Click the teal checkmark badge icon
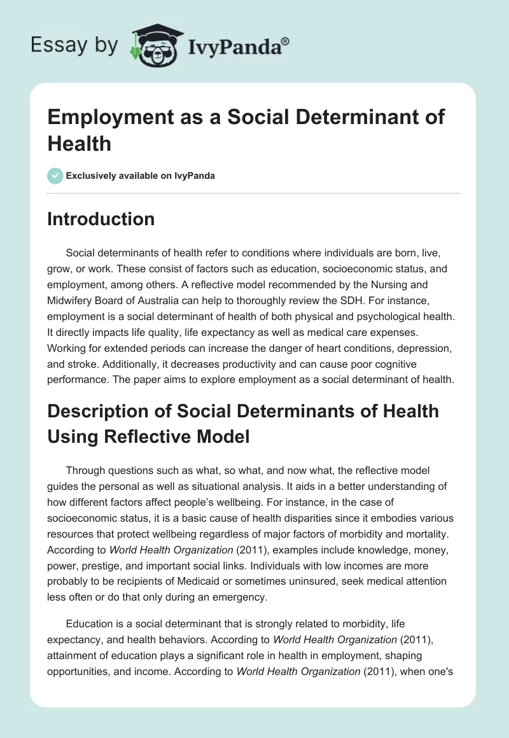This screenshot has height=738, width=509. click(x=55, y=176)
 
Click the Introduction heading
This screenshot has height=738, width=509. click(x=101, y=219)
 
